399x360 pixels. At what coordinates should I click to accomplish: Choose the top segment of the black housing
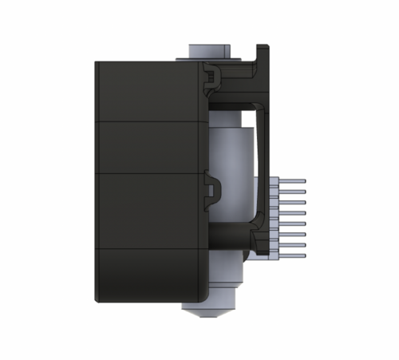click(148, 91)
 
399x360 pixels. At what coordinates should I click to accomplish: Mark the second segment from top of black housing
click(148, 147)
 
